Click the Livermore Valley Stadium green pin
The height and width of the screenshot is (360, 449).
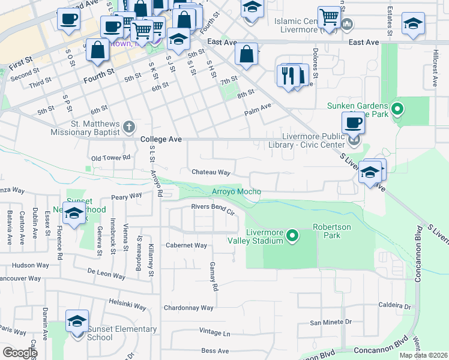[292, 235]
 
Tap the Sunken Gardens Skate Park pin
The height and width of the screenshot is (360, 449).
[397, 109]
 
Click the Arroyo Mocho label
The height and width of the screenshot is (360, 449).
[236, 191]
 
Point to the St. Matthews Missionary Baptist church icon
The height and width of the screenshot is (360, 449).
[129, 127]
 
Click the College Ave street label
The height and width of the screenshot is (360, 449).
[161, 139]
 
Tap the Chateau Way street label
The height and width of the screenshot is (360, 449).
[211, 172]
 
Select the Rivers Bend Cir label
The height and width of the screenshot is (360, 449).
[212, 207]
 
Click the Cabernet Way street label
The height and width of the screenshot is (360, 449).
[186, 245]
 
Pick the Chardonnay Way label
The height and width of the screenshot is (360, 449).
[188, 308]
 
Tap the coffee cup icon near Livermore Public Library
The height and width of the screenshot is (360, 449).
[353, 122]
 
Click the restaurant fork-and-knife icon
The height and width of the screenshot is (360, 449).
[289, 75]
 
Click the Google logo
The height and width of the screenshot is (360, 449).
[19, 353]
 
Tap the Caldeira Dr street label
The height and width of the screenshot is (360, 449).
[394, 306]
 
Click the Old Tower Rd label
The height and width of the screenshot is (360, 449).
[110, 158]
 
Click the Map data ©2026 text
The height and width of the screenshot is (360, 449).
[423, 355]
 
